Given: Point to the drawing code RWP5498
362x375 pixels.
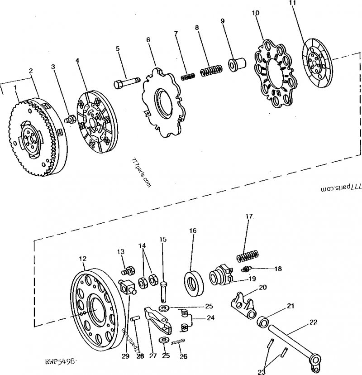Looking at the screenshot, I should (x=59, y=361).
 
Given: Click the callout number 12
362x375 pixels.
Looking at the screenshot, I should (x=82, y=259).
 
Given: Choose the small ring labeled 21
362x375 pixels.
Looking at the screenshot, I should (x=264, y=322).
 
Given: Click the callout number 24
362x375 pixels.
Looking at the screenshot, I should (x=210, y=317).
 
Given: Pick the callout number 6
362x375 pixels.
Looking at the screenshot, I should (x=148, y=40).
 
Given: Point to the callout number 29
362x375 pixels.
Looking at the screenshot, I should (x=125, y=356).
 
